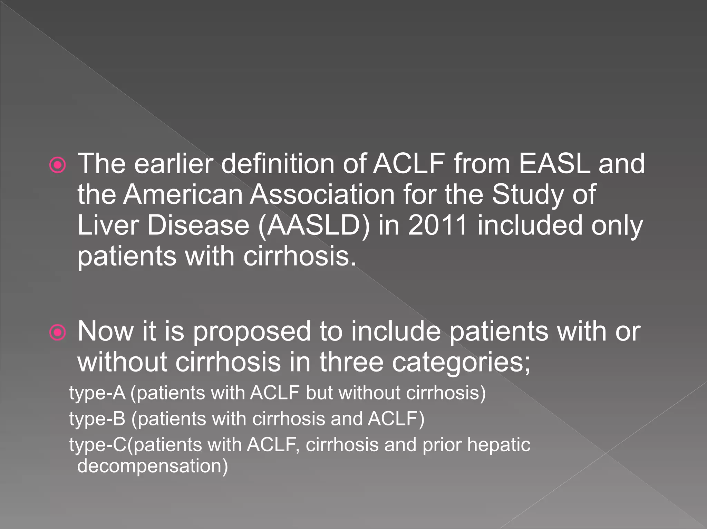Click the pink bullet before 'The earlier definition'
[57, 165]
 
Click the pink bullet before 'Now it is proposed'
[57, 333]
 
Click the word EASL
[554, 163]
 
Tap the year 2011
[437, 225]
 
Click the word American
[183, 194]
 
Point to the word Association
[322, 194]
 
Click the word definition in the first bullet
[278, 163]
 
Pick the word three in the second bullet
[351, 362]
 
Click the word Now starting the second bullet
[105, 331]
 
